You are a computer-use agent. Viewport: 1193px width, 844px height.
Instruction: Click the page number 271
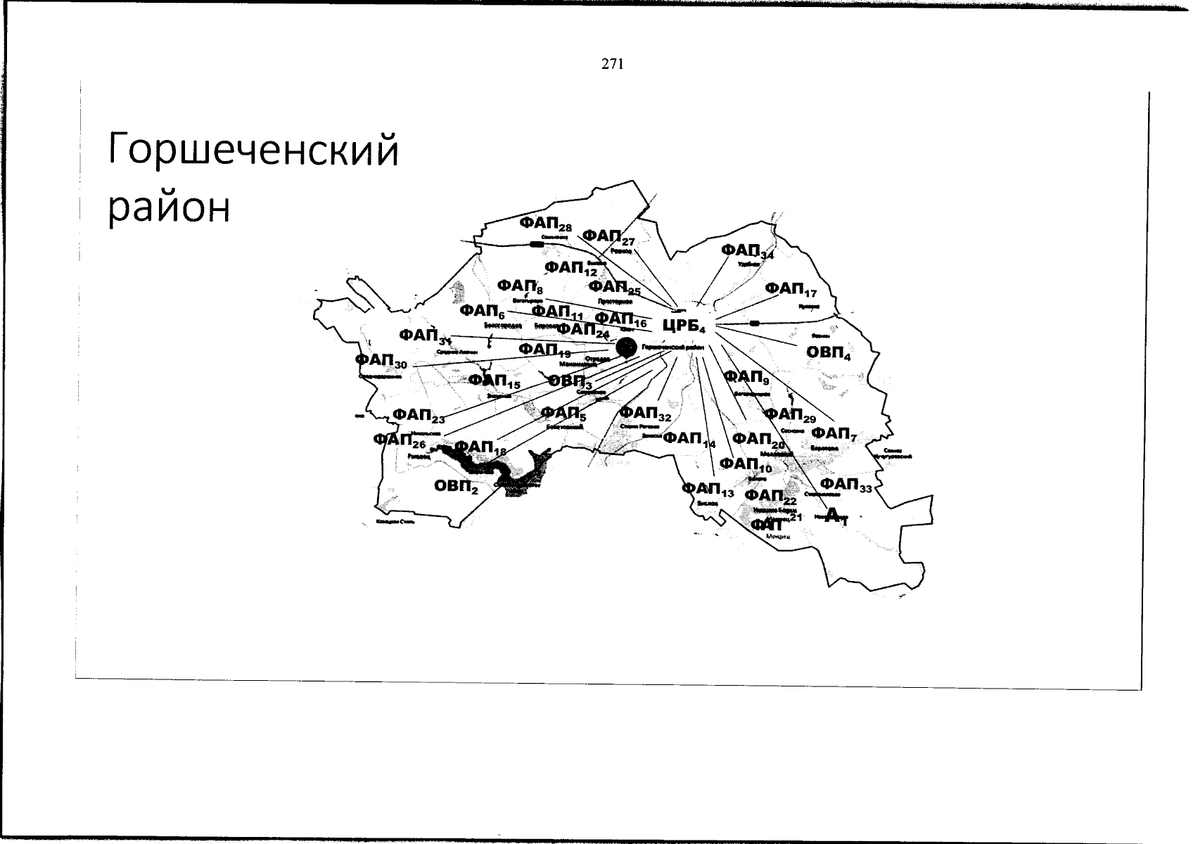[x=612, y=65]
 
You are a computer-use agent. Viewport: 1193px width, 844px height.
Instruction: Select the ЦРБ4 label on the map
[x=684, y=326]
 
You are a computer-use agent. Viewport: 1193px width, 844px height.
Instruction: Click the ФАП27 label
[x=609, y=237]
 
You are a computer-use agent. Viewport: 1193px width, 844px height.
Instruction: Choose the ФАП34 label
[x=747, y=252]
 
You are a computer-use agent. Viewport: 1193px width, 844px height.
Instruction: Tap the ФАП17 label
[x=791, y=289]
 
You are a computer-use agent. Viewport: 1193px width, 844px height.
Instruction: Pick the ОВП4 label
[x=828, y=352]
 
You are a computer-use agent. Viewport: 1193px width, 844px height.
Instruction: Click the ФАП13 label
[x=708, y=490]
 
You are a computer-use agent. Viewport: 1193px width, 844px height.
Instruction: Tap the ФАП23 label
[x=419, y=416]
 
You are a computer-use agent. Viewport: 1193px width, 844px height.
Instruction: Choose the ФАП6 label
[x=483, y=312]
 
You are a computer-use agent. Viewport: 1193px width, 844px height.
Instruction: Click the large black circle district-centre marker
[x=625, y=347]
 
